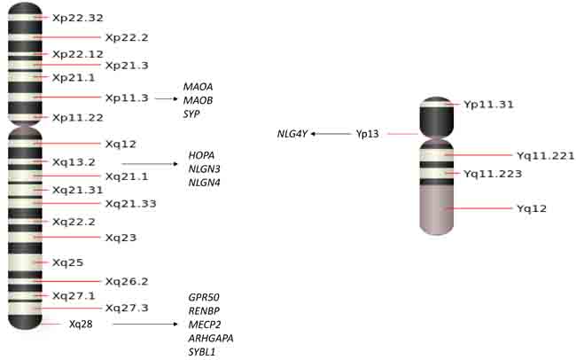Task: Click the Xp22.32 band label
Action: click(78, 17)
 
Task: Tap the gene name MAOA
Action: click(198, 86)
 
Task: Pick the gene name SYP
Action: click(191, 113)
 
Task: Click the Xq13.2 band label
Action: click(74, 163)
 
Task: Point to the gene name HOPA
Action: click(201, 155)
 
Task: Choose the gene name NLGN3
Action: click(204, 169)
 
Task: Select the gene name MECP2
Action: click(205, 325)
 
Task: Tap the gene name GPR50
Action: click(205, 297)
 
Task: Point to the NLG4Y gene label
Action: click(292, 134)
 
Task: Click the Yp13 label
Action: click(367, 134)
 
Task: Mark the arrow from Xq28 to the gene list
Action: click(146, 325)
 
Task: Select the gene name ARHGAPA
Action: click(211, 339)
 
